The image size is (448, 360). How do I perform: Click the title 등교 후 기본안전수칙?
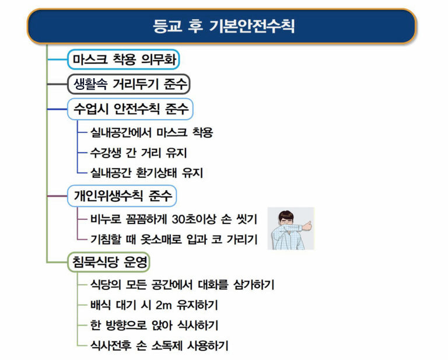(x=223, y=26)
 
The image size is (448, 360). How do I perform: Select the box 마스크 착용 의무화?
(x=124, y=60)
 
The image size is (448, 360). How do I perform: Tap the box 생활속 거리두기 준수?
(x=128, y=84)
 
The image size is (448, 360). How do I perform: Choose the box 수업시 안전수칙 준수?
(x=130, y=109)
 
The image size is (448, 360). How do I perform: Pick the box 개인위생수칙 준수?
(x=122, y=196)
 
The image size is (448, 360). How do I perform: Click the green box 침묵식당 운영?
(x=109, y=262)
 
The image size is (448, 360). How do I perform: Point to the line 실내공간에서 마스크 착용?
(x=152, y=132)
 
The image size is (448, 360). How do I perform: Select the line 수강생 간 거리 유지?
(x=139, y=152)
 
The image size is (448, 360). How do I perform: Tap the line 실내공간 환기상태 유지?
(x=146, y=173)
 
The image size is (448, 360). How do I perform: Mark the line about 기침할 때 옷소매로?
(x=174, y=239)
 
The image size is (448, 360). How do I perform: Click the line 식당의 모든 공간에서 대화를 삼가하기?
(x=182, y=285)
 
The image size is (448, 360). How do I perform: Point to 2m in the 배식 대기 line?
(x=164, y=305)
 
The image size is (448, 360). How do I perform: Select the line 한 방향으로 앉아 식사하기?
(x=154, y=325)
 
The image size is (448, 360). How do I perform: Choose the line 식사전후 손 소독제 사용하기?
(x=159, y=346)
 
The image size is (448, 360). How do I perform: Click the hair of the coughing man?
(x=286, y=215)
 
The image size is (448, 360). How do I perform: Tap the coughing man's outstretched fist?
(x=307, y=226)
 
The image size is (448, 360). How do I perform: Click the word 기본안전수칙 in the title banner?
(x=252, y=26)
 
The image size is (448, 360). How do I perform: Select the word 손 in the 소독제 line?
(x=141, y=346)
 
